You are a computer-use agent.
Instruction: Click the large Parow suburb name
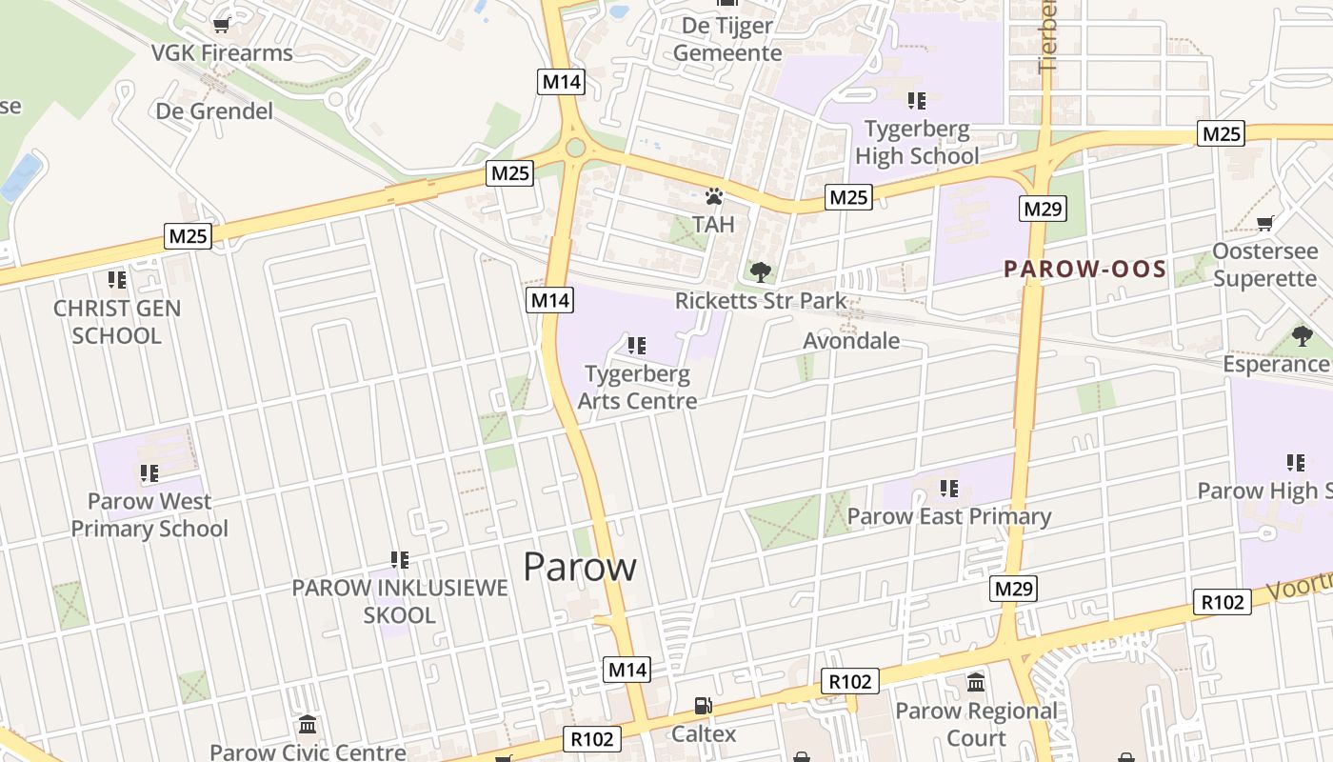(580, 567)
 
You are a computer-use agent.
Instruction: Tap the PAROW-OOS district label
(1085, 269)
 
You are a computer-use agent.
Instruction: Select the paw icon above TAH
(714, 197)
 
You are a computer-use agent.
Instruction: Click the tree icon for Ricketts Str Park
(760, 273)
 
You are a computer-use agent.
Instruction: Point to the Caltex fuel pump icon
(703, 706)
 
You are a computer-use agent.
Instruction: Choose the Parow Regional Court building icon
(976, 682)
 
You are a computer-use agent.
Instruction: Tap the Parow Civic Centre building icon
(307, 725)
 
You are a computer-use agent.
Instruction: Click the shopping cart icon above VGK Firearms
(222, 25)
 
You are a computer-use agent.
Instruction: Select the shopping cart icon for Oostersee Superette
(1264, 223)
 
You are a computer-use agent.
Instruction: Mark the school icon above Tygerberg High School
(917, 100)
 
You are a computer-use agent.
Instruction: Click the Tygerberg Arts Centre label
(637, 387)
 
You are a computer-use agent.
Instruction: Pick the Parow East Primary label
(948, 516)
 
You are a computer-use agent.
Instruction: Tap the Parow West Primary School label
(149, 514)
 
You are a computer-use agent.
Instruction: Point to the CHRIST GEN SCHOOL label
(117, 322)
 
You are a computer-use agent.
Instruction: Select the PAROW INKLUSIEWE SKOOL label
(400, 601)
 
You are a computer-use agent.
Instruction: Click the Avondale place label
(851, 340)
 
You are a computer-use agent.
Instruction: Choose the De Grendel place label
(214, 110)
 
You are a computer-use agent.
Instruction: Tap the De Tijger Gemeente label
(727, 39)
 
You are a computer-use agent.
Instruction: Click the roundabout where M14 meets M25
(575, 148)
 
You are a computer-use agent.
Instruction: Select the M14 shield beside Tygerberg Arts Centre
(550, 300)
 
